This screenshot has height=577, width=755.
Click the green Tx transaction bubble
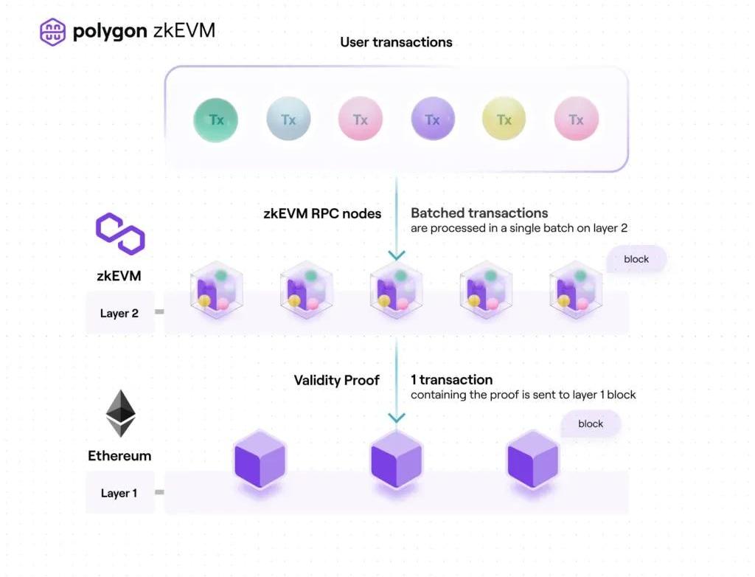tap(215, 120)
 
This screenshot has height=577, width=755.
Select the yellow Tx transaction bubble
tap(504, 120)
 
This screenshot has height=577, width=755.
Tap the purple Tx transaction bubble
tap(432, 120)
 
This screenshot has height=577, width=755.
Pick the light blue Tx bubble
tap(288, 120)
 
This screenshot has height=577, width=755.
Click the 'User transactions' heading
tap(396, 42)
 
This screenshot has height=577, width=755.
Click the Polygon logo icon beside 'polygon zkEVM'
tap(52, 32)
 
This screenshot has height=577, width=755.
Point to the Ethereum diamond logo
tap(122, 413)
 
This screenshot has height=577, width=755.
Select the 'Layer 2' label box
tap(119, 313)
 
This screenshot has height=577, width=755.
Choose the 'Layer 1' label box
tap(119, 493)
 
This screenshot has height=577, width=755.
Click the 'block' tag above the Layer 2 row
tap(636, 259)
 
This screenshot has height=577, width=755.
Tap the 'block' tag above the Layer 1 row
tap(591, 424)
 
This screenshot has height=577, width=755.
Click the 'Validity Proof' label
tap(336, 381)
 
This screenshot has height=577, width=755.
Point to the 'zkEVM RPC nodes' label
tap(322, 214)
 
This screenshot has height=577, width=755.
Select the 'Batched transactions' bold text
tap(479, 213)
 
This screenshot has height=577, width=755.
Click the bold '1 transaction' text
tap(451, 380)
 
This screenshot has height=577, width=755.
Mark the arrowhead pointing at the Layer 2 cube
tap(397, 255)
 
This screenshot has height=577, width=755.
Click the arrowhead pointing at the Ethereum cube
tap(397, 418)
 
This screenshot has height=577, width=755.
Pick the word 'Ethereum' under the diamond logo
tap(119, 456)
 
